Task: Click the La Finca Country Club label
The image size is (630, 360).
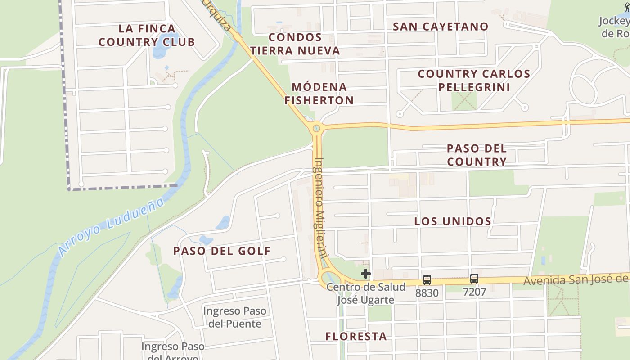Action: [147, 35]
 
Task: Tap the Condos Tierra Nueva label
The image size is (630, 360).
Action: [295, 44]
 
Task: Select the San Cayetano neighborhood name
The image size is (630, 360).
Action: [441, 27]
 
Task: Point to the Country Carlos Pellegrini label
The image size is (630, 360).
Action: [474, 80]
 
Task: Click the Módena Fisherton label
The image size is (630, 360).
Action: [319, 94]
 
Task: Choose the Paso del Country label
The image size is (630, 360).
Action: [477, 155]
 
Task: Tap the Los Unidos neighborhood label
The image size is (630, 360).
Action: [453, 221]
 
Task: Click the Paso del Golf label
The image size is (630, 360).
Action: [222, 251]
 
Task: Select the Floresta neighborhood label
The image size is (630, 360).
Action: [356, 336]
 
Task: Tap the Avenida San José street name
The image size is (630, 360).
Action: [576, 280]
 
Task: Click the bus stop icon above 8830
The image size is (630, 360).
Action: [427, 279]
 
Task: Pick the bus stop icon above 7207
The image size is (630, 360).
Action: [474, 278]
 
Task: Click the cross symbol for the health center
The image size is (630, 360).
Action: [365, 273]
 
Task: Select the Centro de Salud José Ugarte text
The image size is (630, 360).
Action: [365, 293]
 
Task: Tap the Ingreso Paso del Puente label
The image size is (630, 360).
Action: [234, 317]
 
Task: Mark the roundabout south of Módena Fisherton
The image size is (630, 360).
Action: [317, 129]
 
